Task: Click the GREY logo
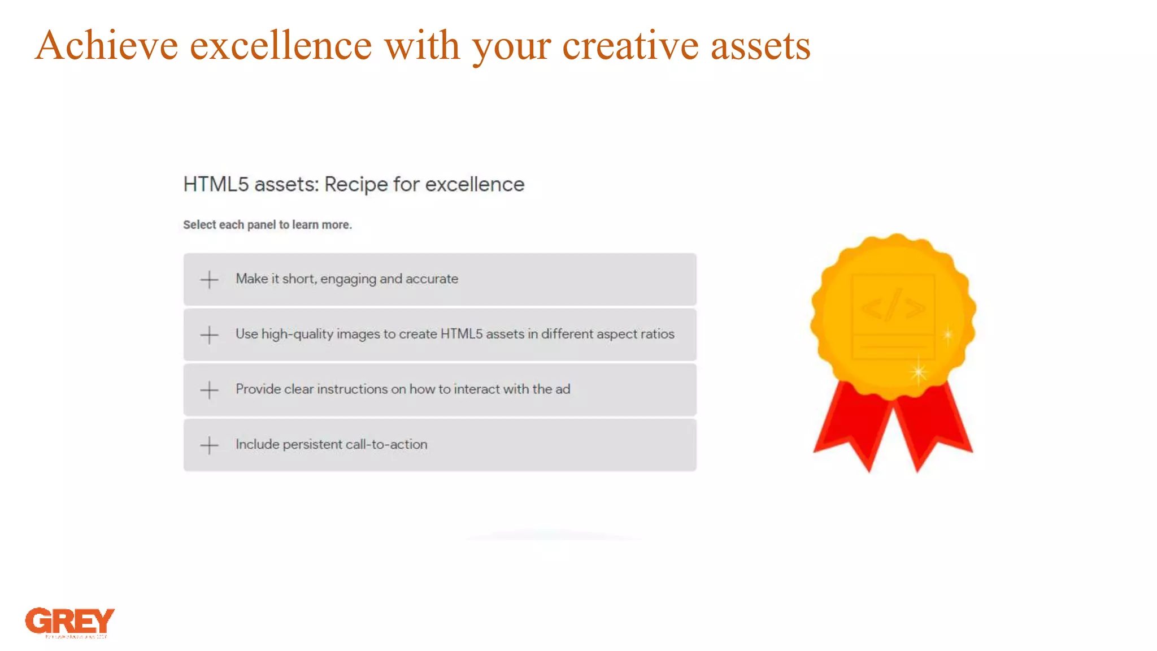[69, 621]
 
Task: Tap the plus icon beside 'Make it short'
[209, 280]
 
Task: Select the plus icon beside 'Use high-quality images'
[209, 335]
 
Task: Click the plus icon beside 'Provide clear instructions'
[209, 390]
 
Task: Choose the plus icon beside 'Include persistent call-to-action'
[209, 445]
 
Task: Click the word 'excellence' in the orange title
[281, 45]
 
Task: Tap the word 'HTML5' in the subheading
[216, 185]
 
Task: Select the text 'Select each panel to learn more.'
[267, 225]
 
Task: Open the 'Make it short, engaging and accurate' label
[347, 279]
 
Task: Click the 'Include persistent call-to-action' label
[331, 444]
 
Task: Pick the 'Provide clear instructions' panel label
[403, 389]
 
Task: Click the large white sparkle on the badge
[919, 372]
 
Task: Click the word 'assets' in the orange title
[760, 45]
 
